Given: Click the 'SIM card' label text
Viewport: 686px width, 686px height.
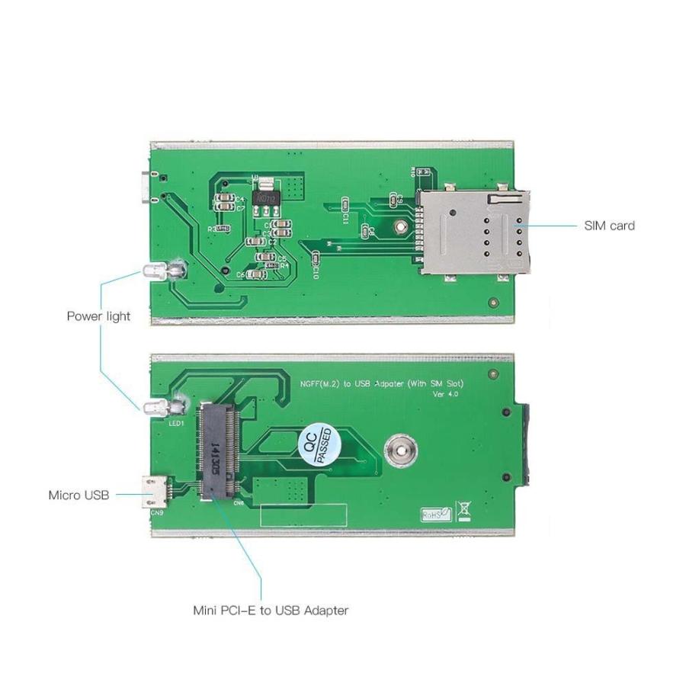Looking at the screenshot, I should (x=609, y=226).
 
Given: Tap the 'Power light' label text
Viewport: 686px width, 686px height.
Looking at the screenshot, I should (x=98, y=316).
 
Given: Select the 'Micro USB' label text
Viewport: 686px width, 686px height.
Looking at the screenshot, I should (x=79, y=495).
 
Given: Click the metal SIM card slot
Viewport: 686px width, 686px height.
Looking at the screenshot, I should (x=473, y=231).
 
